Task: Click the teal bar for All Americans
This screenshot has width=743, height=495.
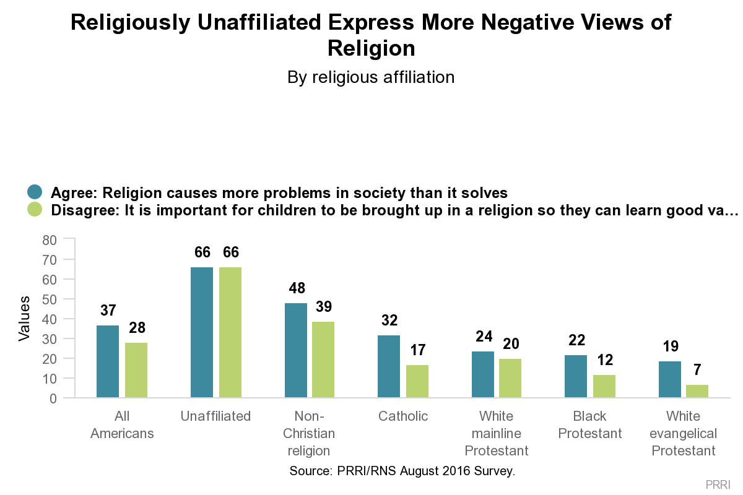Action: (x=108, y=361)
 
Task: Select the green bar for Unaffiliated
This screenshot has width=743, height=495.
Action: (x=230, y=332)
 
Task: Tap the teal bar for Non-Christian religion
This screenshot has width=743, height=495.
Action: (x=295, y=350)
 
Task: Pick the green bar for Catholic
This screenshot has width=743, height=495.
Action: (x=417, y=381)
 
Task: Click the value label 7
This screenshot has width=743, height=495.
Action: (x=698, y=370)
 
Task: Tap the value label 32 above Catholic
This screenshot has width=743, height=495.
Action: (x=389, y=321)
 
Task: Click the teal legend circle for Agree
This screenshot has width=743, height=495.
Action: (x=35, y=192)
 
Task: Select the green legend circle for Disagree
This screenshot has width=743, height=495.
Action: (x=35, y=210)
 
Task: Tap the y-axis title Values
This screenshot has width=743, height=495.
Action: (x=24, y=319)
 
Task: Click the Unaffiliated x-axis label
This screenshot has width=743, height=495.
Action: (x=215, y=416)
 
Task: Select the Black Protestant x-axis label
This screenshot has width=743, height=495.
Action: (x=590, y=424)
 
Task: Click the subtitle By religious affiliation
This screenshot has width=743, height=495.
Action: (x=371, y=77)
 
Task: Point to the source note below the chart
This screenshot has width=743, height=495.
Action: (x=402, y=471)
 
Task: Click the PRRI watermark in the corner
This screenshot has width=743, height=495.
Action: (x=718, y=484)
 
